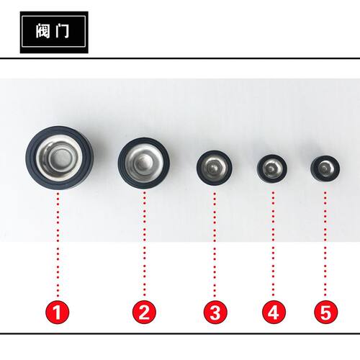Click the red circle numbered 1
pos(58,312)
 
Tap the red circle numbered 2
pos(144,312)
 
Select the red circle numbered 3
pos(215,312)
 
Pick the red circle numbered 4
pos(274,312)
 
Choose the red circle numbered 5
pos(325,312)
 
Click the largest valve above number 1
pos(59,158)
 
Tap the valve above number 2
pos(144,163)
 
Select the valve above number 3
pos(214,167)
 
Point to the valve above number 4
pos(272,168)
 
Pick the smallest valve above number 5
pos(325,168)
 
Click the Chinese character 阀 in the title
pos(43,31)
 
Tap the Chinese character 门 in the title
pos(61,31)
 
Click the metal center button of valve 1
pos(60,157)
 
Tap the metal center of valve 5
pos(325,168)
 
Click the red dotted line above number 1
pos(58,245)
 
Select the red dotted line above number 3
pos(215,245)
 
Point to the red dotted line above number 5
pos(325,245)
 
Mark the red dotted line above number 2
pos(145,245)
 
